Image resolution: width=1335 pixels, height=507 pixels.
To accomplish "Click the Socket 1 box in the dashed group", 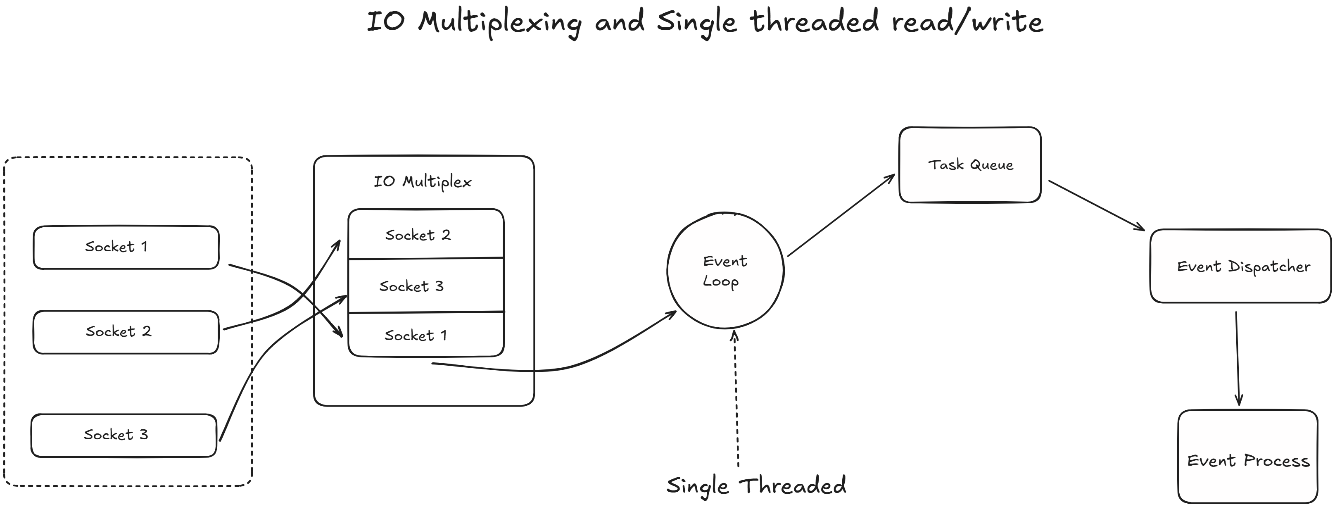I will pyautogui.click(x=126, y=247).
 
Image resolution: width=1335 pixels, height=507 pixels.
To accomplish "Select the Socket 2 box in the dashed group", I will pyautogui.click(x=126, y=332).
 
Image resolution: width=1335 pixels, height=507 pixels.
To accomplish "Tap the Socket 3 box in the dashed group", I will pyautogui.click(x=124, y=435).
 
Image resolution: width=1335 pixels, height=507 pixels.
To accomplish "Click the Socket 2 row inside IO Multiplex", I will pyautogui.click(x=425, y=234).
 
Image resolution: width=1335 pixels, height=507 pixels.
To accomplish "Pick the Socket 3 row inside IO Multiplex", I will pyautogui.click(x=425, y=286).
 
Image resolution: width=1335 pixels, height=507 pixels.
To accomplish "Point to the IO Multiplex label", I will pyautogui.click(x=423, y=182).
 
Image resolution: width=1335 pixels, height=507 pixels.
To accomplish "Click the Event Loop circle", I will pyautogui.click(x=725, y=271).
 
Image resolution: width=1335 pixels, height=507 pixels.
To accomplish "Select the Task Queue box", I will pyautogui.click(x=969, y=165).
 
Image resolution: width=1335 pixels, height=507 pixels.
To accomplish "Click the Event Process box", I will pyautogui.click(x=1247, y=460).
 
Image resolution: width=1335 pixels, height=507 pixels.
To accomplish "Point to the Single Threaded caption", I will pyautogui.click(x=756, y=486).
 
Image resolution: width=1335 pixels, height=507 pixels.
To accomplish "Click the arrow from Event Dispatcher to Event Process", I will pyautogui.click(x=1238, y=358).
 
